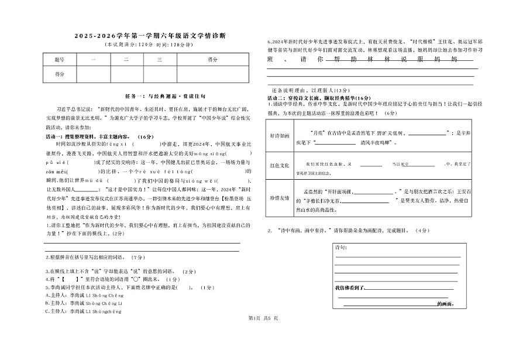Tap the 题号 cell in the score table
[x=59, y=60]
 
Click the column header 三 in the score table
[x=159, y=60]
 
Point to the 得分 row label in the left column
[x=59, y=74]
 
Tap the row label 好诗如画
[x=280, y=135]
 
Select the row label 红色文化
[x=280, y=166]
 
